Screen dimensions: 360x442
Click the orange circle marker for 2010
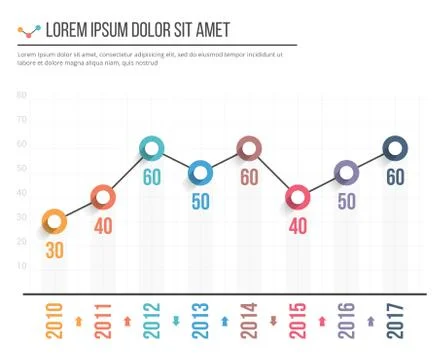coord(54,220)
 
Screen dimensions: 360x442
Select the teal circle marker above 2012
coord(151,149)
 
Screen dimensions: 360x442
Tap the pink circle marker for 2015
coord(297,197)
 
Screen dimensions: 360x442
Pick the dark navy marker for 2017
coord(395,149)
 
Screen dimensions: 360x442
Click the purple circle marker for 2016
coord(346,173)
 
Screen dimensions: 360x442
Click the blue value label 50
coord(200,202)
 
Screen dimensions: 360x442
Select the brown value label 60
coord(249,178)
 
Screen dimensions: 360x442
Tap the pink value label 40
coord(297,226)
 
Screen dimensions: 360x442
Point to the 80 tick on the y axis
coord(21,96)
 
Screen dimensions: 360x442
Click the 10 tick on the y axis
coord(21,267)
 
